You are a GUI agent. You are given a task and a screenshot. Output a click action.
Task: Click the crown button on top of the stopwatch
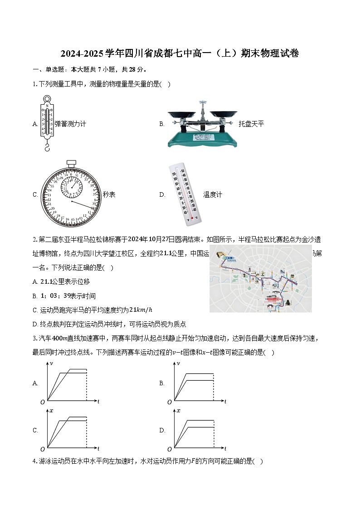(x=71, y=162)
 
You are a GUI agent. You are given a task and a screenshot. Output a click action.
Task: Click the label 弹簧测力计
(x=70, y=124)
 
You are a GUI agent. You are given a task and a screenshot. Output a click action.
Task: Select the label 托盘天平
(x=251, y=124)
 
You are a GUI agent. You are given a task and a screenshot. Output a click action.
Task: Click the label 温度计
(x=213, y=194)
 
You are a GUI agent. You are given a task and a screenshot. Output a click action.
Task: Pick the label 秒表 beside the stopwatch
(x=109, y=194)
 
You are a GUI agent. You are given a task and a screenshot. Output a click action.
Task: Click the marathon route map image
(x=260, y=279)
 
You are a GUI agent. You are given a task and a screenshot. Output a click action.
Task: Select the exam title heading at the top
(x=180, y=53)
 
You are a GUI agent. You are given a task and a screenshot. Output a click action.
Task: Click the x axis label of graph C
(x=51, y=411)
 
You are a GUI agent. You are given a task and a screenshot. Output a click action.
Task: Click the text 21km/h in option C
(x=141, y=310)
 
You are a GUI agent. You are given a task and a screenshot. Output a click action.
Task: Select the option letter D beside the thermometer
(x=162, y=194)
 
